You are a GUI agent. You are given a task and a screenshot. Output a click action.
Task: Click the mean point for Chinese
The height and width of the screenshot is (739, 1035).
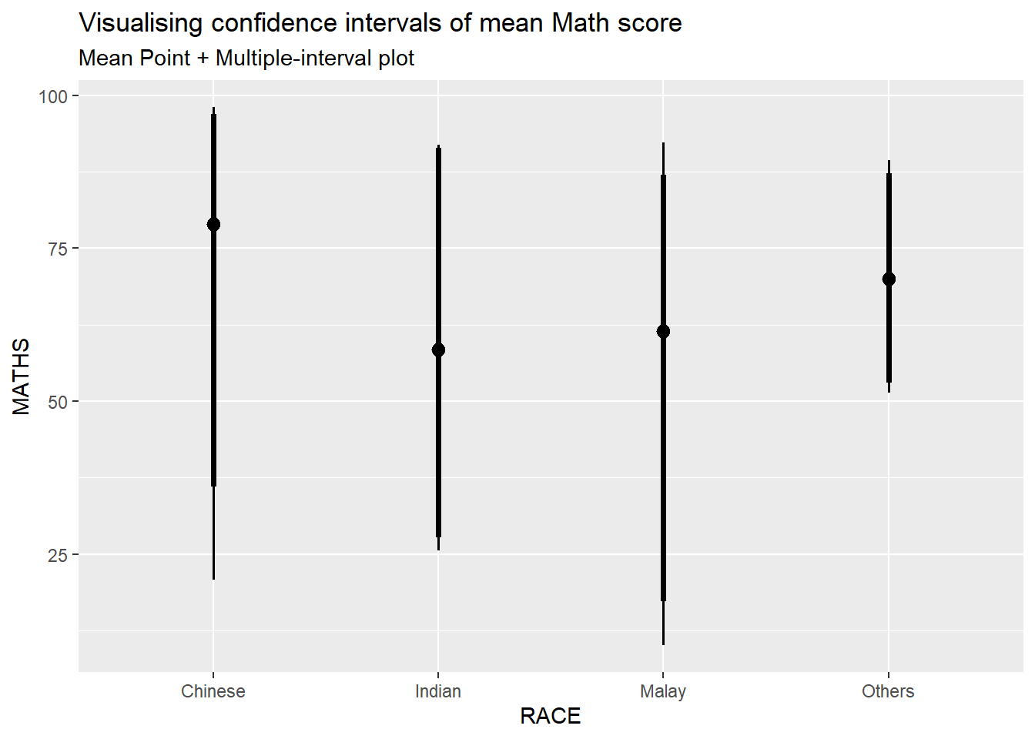click(x=213, y=224)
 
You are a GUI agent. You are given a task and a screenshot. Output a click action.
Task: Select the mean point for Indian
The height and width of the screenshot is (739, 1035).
click(x=438, y=349)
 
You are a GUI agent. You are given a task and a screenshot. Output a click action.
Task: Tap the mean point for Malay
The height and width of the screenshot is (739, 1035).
click(x=663, y=331)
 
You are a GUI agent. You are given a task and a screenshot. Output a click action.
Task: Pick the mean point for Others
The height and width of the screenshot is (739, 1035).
click(x=889, y=279)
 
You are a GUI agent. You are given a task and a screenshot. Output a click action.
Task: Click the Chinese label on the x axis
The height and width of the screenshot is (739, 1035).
click(x=213, y=691)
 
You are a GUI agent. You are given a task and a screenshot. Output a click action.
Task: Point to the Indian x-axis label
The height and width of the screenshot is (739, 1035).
click(x=438, y=691)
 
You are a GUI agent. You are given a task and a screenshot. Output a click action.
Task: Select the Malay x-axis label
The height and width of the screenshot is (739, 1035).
click(x=663, y=691)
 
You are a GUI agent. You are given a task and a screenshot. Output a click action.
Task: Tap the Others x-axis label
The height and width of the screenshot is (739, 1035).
click(x=888, y=691)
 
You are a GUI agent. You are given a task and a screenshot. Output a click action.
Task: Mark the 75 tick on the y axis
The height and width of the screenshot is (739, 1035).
click(x=58, y=249)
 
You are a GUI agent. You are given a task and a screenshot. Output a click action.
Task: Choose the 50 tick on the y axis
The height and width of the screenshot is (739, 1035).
click(x=58, y=402)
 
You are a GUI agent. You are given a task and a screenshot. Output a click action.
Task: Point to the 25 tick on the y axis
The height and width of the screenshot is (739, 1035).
click(x=58, y=555)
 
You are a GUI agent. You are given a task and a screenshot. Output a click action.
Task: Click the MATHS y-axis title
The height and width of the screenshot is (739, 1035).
click(x=22, y=376)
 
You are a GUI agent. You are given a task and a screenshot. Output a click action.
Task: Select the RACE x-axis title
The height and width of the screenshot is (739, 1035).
click(x=551, y=716)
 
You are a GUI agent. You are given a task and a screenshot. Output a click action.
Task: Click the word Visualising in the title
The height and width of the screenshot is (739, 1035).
click(x=142, y=23)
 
